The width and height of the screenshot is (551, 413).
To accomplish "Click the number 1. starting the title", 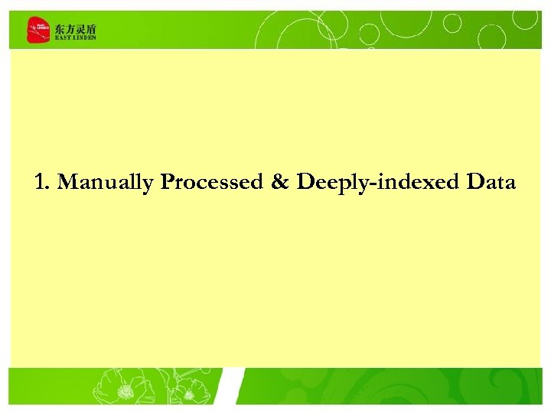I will click(43, 183).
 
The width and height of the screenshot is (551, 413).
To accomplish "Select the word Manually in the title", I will click(106, 184).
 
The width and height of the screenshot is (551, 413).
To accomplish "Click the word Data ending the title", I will click(491, 183).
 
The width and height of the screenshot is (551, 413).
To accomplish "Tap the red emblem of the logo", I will click(37, 31).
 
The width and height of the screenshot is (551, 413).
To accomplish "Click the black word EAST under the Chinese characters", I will click(62, 37).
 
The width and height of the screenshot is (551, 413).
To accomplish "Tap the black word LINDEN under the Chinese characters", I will click(84, 37).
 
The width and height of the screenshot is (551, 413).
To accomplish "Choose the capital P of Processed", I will click(168, 183).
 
